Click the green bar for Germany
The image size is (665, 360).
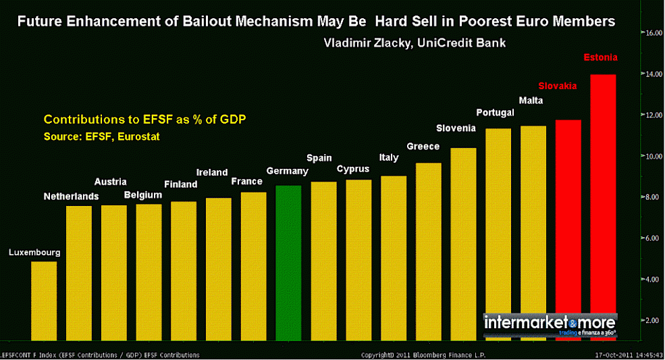tap(288, 263)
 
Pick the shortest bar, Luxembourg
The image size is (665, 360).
tap(44, 301)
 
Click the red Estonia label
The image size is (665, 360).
tap(601, 57)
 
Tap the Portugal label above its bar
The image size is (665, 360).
tap(496, 112)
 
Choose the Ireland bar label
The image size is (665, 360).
tap(212, 172)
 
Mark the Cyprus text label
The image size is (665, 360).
tap(353, 168)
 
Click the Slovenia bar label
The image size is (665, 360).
tap(456, 128)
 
